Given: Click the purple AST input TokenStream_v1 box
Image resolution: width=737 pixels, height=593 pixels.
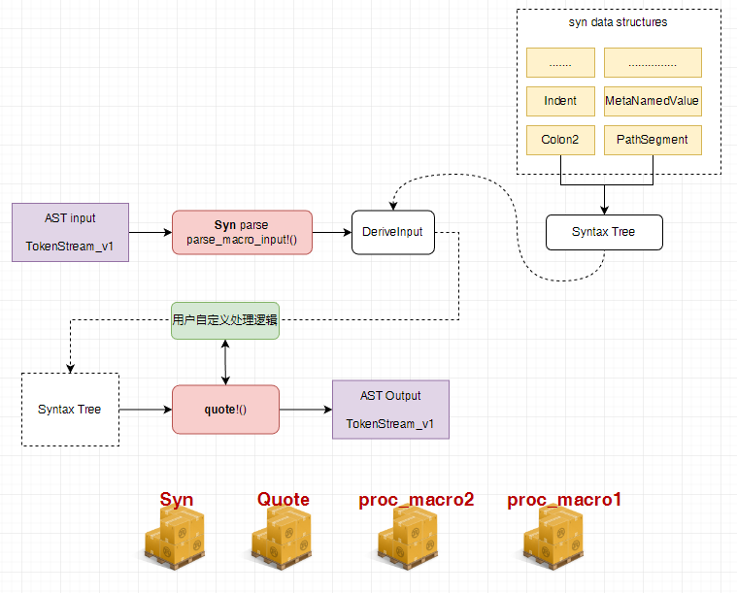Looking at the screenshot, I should [x=70, y=232].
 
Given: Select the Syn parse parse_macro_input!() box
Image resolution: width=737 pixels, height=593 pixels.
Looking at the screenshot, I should [x=242, y=232].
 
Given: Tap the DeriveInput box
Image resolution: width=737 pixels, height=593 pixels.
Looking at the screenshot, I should [x=393, y=232].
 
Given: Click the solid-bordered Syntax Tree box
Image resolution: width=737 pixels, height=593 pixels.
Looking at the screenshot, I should [x=603, y=232].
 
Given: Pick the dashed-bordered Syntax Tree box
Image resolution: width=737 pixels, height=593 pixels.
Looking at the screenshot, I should [x=70, y=410].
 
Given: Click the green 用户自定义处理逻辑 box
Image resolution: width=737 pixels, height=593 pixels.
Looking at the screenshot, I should [x=225, y=319].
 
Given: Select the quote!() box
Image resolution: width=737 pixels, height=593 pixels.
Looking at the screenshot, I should [x=225, y=410].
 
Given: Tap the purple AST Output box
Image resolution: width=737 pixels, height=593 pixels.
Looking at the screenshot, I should [x=390, y=410].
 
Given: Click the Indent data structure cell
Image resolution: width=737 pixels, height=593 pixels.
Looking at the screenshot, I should [x=560, y=101].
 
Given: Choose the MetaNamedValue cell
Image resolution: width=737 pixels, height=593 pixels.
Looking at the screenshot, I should [x=652, y=101].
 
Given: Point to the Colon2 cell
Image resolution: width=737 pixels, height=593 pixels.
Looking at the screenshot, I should [x=560, y=140].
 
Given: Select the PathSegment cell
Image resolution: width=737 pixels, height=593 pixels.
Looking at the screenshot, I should [x=652, y=140].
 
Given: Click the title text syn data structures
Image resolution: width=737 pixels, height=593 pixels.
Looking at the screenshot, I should [x=618, y=22].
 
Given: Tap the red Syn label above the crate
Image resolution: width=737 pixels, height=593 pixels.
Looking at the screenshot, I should [x=177, y=500].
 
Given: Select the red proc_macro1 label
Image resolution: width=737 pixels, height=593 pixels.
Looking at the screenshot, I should [x=564, y=500].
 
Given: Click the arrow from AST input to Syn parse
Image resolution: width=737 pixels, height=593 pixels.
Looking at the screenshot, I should [x=150, y=232].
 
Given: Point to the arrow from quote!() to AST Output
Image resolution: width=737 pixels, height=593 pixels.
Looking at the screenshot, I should [x=305, y=410].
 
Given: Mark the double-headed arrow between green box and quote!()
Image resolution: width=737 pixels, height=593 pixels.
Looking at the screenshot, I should [x=225, y=361].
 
